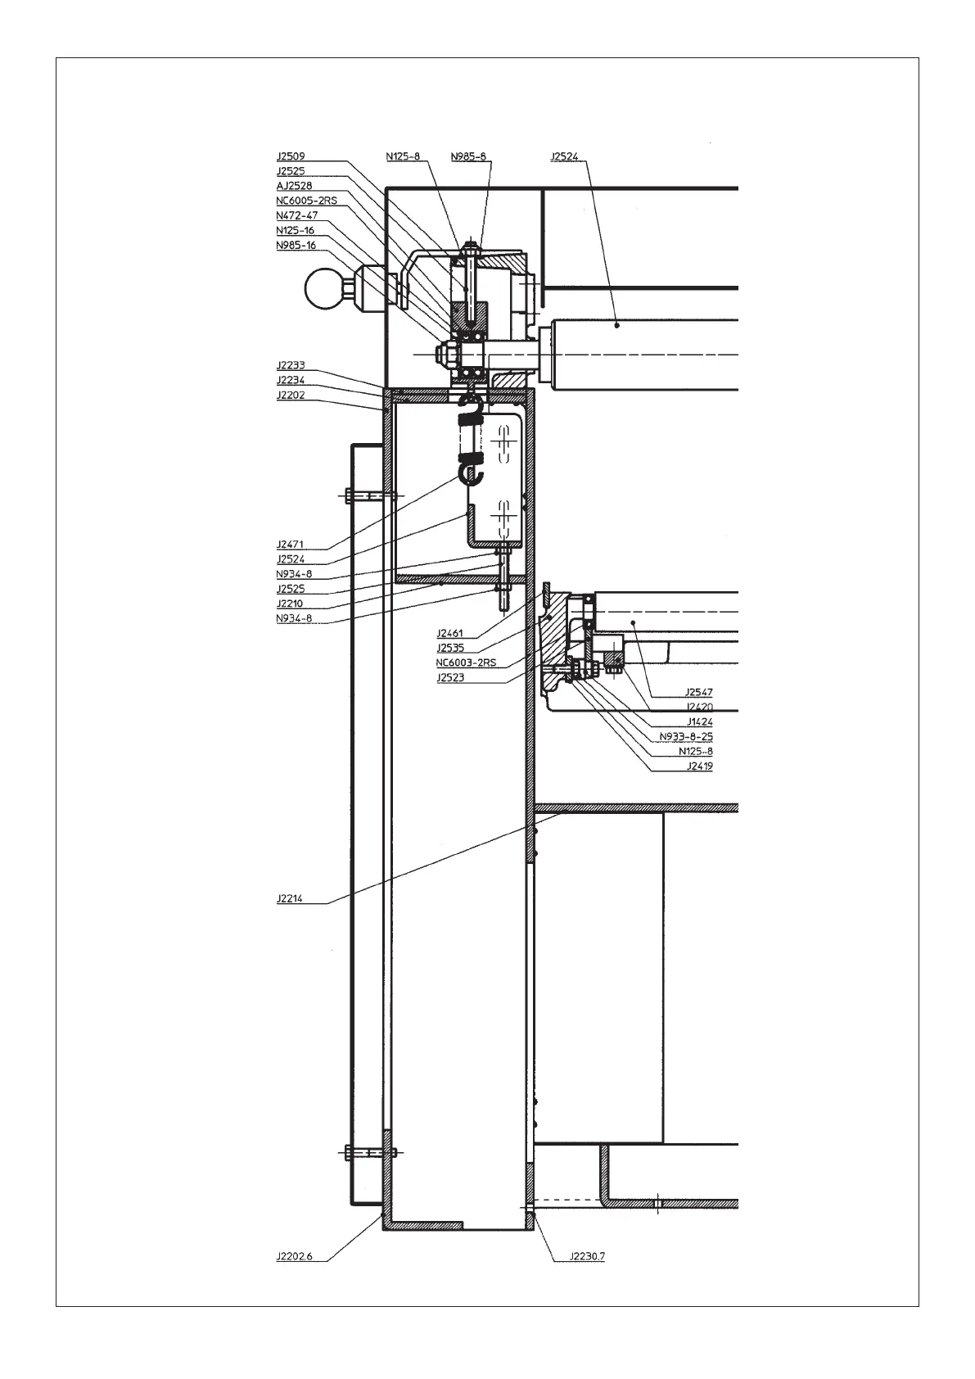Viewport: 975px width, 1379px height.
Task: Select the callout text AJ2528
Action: coord(294,186)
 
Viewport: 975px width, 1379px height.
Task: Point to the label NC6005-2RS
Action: coord(306,201)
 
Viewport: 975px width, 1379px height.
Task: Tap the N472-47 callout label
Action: coord(296,215)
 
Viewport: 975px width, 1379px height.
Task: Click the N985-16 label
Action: coord(296,245)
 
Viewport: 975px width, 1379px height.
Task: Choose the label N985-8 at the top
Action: coord(468,156)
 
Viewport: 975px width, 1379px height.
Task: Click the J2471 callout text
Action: coord(290,544)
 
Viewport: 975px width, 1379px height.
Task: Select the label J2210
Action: coord(290,604)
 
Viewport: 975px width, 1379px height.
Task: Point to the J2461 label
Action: coord(449,633)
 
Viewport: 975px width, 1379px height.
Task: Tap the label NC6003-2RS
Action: coord(466,662)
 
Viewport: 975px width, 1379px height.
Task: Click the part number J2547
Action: coord(698,693)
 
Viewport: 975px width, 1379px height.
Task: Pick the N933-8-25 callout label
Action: coord(686,737)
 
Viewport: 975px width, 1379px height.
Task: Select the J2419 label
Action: coord(698,766)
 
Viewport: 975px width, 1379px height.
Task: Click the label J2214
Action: coord(290,898)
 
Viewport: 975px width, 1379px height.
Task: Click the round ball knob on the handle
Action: coord(324,289)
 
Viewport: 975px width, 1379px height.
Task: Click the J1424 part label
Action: coord(698,722)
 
